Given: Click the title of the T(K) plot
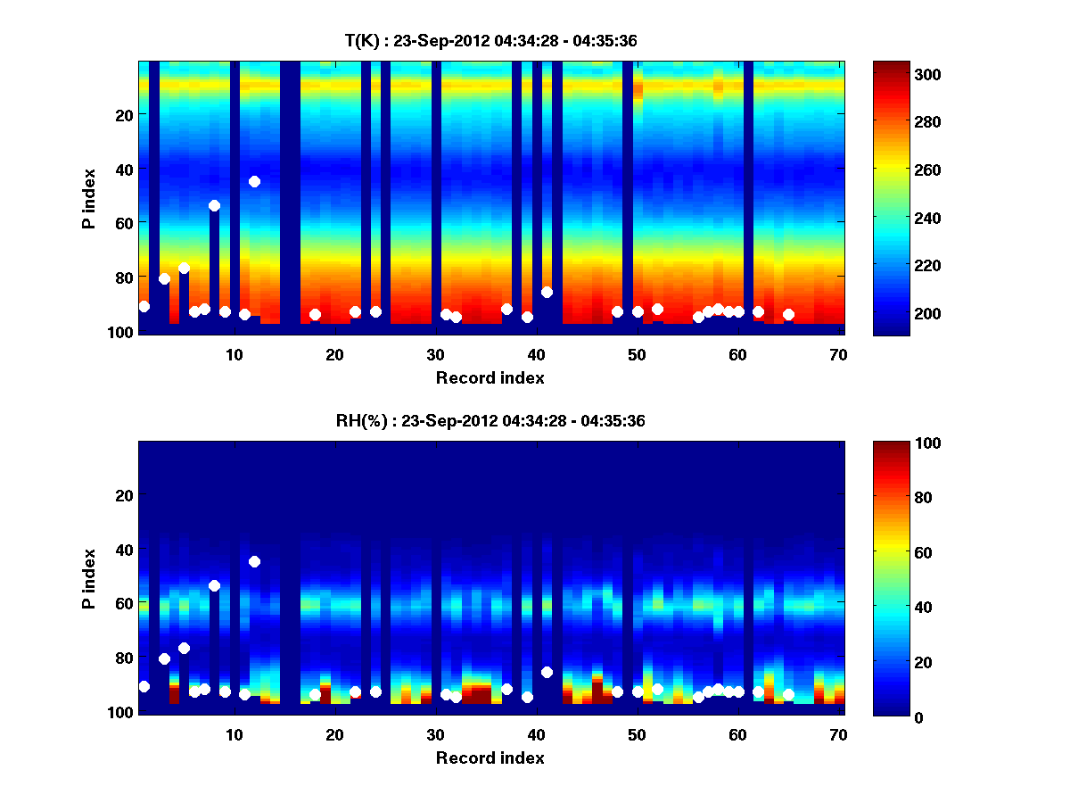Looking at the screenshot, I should click(490, 40).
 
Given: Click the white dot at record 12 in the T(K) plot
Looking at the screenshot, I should click(254, 181).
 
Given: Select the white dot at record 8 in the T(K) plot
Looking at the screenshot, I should click(214, 205).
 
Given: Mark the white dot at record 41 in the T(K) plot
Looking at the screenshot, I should click(547, 292).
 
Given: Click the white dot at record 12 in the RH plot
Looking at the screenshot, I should click(254, 561).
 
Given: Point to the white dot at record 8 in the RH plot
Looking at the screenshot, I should click(214, 585).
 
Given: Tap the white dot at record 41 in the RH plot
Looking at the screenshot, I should click(547, 672).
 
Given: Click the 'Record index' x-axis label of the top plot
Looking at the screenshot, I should click(490, 377).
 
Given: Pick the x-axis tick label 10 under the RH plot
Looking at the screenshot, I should click(234, 734).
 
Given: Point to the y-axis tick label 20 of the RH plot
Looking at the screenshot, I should click(124, 494).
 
